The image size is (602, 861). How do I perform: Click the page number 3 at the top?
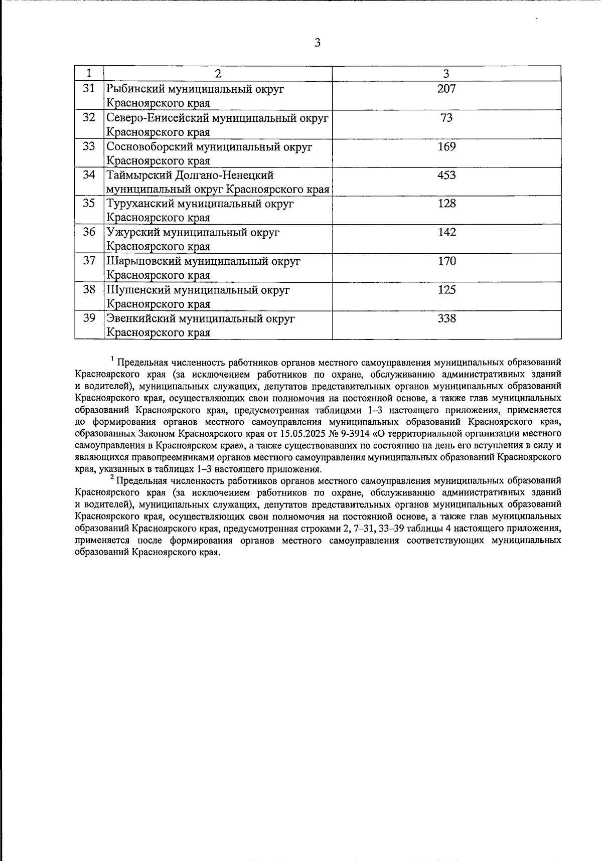[x=317, y=43]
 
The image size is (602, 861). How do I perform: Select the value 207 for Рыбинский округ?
[x=446, y=89]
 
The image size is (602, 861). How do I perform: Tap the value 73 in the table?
[x=446, y=118]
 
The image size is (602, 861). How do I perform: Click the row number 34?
[x=89, y=176]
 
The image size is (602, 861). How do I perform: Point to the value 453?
[x=446, y=176]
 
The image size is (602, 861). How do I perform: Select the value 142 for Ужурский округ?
[x=446, y=233]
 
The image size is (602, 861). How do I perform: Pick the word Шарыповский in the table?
[x=143, y=261]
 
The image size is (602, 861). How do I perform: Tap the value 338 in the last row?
[x=446, y=318]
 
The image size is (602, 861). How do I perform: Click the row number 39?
[x=89, y=318]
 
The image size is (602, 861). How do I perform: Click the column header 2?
[x=218, y=74]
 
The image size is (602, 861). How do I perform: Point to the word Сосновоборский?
[x=149, y=147]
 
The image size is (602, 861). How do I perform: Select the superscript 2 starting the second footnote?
[x=113, y=477]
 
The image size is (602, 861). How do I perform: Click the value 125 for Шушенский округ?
[x=446, y=290]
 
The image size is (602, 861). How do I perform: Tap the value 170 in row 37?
[x=446, y=261]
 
